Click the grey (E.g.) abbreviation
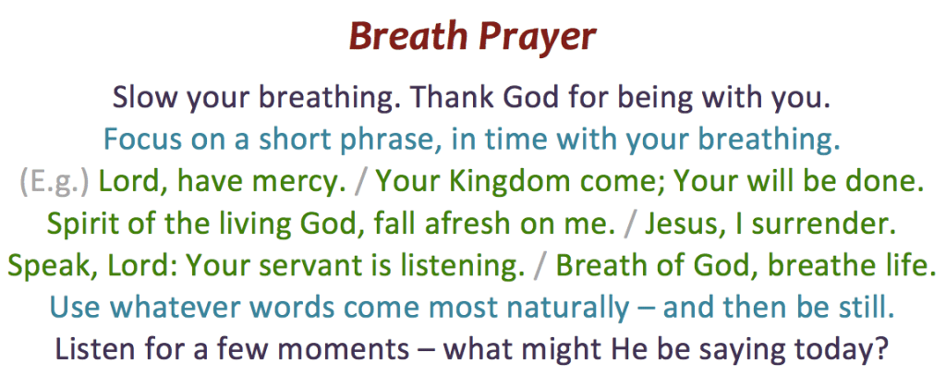(x=55, y=183)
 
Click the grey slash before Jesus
(x=630, y=224)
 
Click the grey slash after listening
(x=540, y=266)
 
